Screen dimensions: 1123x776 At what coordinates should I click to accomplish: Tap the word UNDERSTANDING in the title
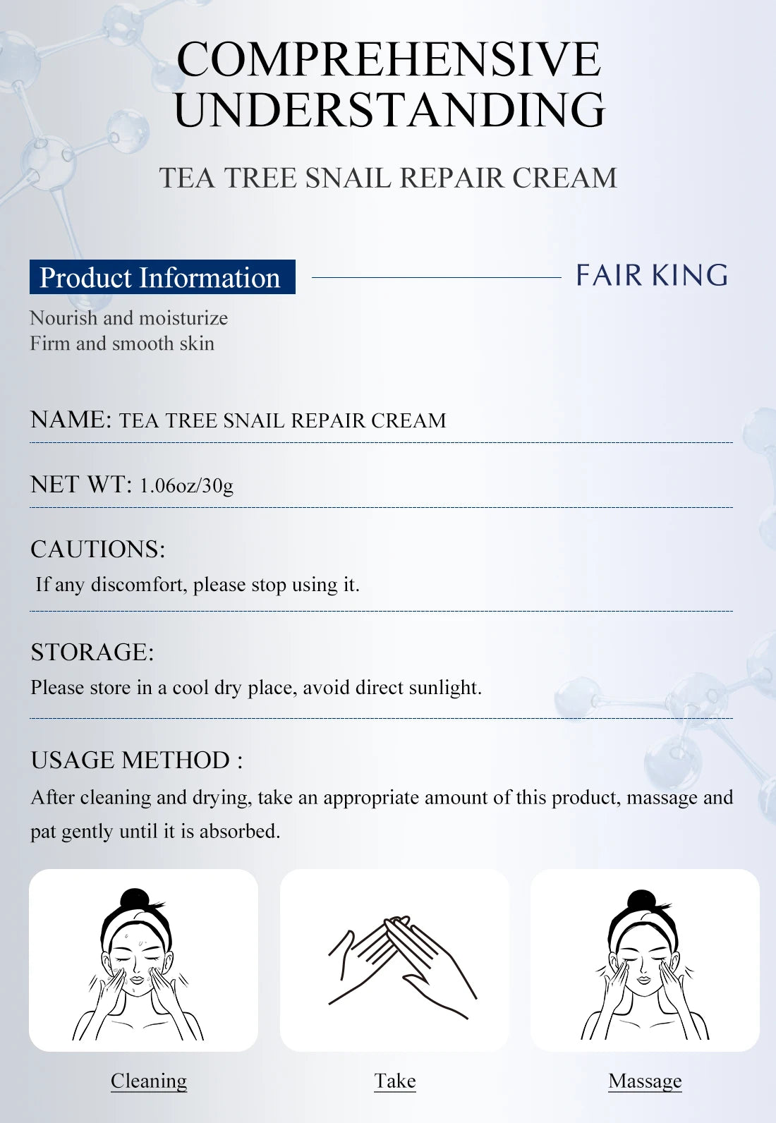click(x=389, y=110)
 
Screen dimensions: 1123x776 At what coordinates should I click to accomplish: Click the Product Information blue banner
click(x=162, y=277)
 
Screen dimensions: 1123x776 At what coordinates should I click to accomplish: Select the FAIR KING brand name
click(x=652, y=275)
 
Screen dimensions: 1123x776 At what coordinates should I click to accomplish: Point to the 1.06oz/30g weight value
click(x=186, y=485)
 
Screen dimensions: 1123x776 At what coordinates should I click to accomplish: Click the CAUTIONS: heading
click(x=97, y=549)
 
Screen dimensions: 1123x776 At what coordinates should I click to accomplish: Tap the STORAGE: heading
click(x=92, y=652)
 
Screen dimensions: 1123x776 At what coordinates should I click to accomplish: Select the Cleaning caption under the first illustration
click(x=149, y=1081)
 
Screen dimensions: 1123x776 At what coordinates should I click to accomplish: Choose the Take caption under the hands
click(x=395, y=1081)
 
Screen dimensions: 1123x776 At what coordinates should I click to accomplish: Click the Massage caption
click(x=645, y=1081)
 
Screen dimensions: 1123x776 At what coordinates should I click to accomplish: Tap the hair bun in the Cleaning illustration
click(x=135, y=899)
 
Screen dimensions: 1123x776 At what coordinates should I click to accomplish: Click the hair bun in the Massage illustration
click(x=642, y=901)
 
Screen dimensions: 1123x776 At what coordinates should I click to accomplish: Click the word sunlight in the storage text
click(x=444, y=688)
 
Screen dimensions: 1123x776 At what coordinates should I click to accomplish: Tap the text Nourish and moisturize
click(x=128, y=318)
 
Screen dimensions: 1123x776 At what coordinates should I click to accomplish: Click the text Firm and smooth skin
click(x=122, y=344)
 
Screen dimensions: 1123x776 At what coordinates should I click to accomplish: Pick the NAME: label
click(x=71, y=420)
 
